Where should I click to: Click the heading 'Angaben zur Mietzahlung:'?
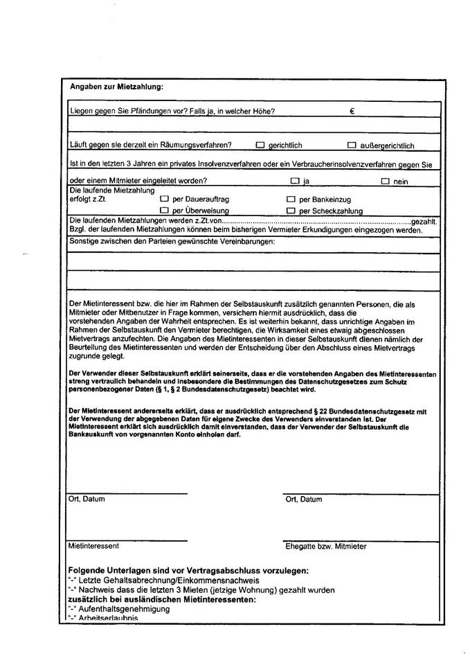pos(116,87)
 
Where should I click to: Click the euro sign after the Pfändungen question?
pos(352,111)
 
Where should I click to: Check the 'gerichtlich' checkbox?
pos(260,145)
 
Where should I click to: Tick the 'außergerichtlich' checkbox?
pos(352,145)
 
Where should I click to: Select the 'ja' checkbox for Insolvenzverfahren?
pos(295,181)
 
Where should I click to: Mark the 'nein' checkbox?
pos(385,181)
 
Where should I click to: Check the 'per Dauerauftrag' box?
pos(164,199)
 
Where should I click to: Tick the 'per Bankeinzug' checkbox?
pos(291,199)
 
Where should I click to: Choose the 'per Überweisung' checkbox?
pos(164,211)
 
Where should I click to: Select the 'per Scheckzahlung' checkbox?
pos(291,211)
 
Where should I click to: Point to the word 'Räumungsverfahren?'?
pos(199,145)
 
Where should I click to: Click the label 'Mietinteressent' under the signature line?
pos(93,546)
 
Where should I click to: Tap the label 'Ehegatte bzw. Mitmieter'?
pos(326,546)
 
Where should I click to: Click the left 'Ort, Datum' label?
pos(87,499)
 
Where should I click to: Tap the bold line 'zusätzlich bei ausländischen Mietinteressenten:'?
pos(162,599)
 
